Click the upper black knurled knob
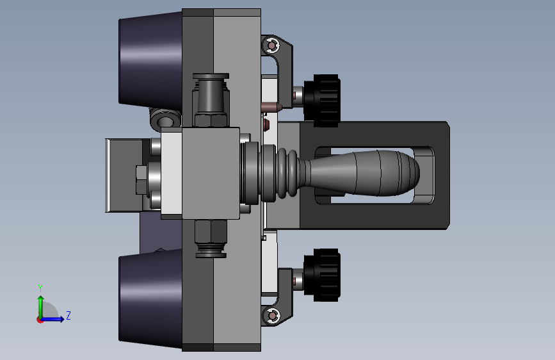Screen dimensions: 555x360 point(322,101)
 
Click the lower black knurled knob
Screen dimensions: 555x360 point(322,275)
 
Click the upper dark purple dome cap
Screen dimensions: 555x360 point(151,60)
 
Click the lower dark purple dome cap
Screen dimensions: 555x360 point(151,299)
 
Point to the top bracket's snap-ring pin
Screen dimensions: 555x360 point(272,45)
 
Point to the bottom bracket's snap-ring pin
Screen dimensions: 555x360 point(272,315)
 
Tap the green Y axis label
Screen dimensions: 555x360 point(40,288)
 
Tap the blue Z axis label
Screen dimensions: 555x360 point(68,315)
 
